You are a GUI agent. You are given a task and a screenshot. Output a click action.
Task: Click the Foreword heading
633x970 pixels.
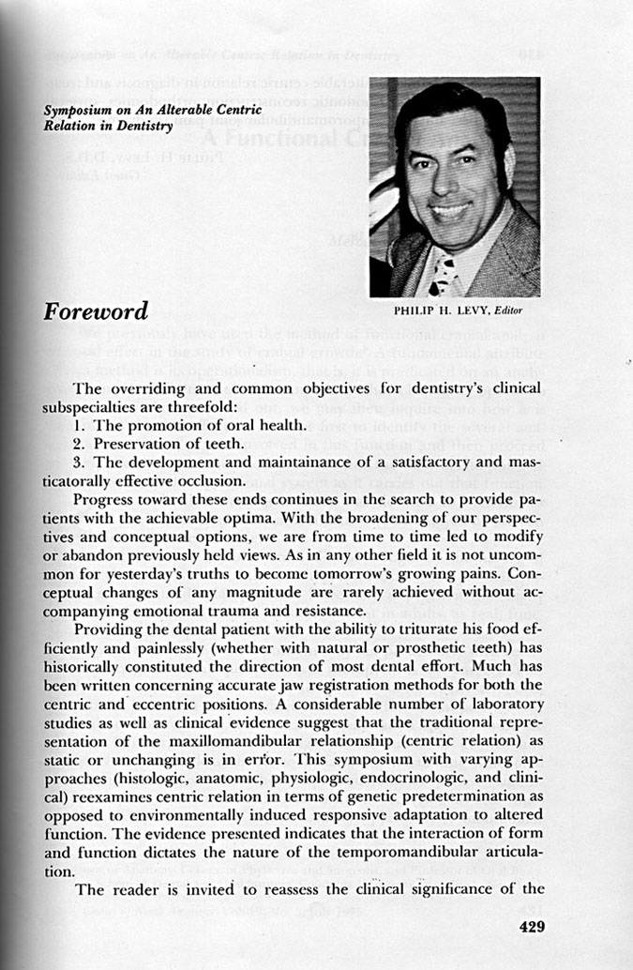coord(95,311)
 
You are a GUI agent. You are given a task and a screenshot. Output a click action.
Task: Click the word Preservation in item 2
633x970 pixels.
coord(132,445)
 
